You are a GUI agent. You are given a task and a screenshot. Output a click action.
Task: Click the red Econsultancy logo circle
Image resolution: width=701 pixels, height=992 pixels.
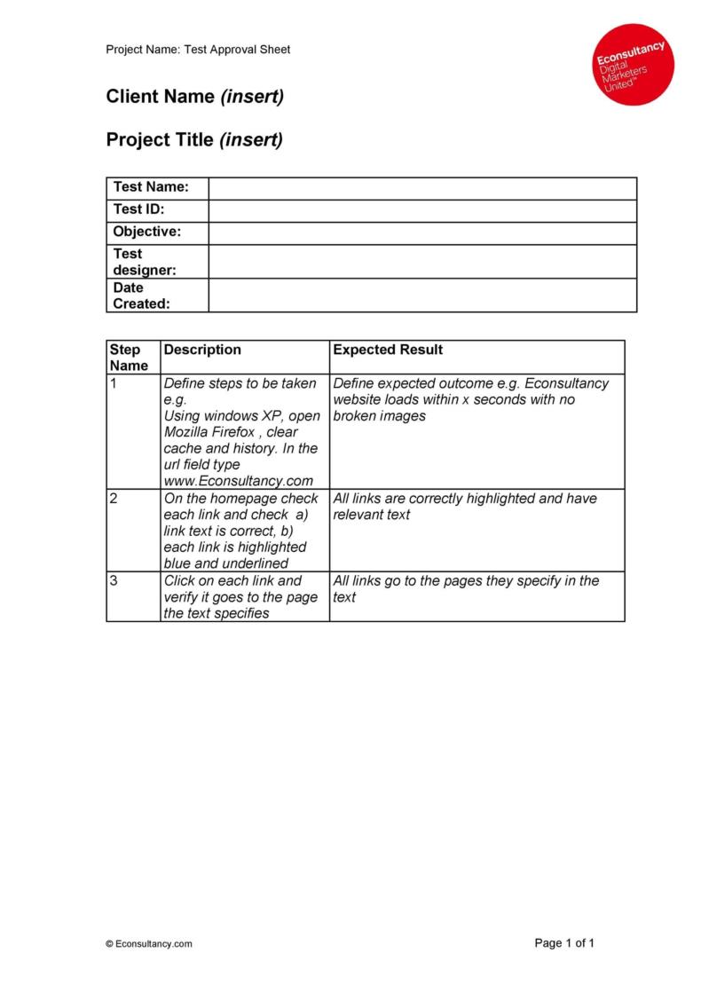634,64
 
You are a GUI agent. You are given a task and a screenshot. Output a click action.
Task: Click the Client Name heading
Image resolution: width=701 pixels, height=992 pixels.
195,97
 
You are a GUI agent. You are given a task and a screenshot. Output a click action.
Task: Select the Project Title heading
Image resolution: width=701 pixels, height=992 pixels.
194,140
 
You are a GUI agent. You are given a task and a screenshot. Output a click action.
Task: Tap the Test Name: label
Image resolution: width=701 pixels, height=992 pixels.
151,187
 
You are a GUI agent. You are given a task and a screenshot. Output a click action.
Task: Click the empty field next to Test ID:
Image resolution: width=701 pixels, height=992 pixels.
422,210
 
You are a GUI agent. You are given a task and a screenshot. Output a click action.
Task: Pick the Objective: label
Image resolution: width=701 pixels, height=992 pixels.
147,232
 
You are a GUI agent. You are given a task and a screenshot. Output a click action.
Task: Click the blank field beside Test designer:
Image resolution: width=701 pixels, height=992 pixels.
422,261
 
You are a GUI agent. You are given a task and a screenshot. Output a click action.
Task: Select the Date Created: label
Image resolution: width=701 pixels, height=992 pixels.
141,295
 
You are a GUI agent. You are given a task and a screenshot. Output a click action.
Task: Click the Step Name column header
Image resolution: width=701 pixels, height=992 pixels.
129,357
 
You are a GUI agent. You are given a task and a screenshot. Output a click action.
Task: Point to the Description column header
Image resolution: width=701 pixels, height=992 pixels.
202,350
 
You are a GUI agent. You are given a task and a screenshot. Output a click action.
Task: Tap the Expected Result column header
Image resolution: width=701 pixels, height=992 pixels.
388,350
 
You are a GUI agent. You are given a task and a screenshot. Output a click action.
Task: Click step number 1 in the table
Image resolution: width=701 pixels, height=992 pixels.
114,383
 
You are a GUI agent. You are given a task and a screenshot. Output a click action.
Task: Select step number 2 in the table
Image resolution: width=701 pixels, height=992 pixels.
114,498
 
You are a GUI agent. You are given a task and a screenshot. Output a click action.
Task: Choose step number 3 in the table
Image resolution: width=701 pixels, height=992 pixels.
114,580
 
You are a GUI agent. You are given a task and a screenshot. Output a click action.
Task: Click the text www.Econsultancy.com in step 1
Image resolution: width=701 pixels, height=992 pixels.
239,481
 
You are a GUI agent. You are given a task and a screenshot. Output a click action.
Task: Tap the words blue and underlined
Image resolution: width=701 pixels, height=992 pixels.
226,563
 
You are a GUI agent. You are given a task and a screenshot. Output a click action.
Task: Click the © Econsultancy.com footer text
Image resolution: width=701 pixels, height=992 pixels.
148,944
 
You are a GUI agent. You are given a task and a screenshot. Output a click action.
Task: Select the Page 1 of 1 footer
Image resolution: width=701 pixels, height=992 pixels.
564,943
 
